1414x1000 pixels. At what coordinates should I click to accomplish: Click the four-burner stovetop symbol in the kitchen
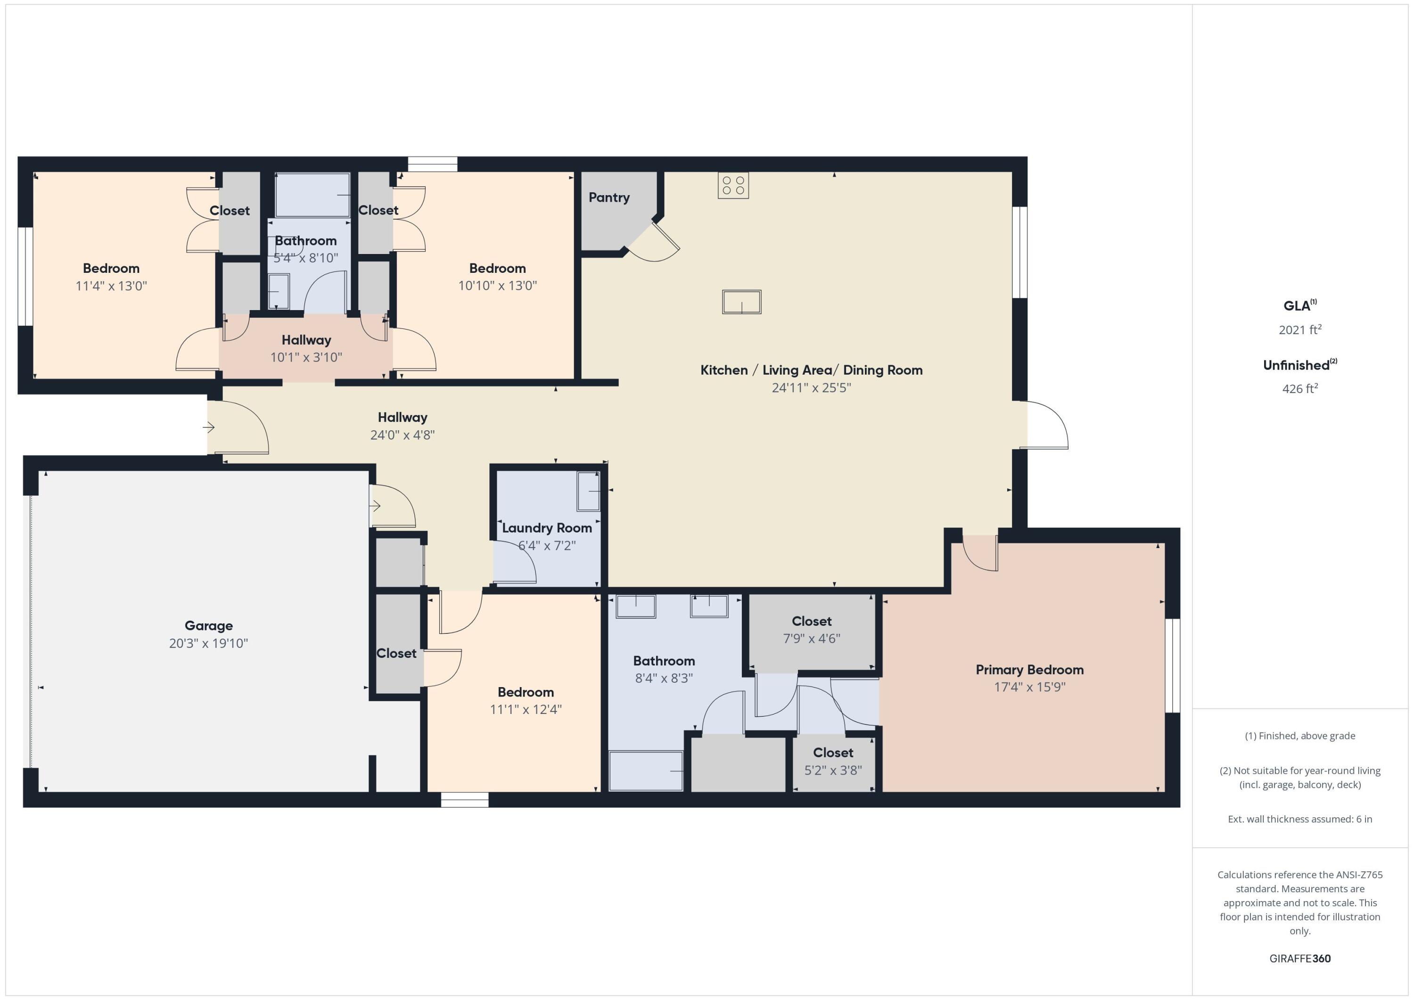click(x=733, y=185)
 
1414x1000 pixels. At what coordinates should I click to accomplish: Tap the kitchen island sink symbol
click(x=741, y=302)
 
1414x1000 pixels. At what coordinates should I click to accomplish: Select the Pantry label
click(x=609, y=197)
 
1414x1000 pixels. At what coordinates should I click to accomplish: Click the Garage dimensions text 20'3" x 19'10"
click(x=209, y=643)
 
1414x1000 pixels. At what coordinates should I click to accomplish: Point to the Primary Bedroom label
click(x=1030, y=670)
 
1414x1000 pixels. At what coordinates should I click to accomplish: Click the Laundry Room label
click(x=547, y=528)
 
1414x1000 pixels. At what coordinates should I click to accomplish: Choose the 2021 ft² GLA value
click(x=1300, y=329)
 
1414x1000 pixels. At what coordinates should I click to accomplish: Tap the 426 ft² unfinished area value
click(x=1300, y=388)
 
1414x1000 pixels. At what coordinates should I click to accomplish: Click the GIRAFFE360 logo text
click(x=1300, y=958)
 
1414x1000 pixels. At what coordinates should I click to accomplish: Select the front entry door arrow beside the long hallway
click(x=209, y=427)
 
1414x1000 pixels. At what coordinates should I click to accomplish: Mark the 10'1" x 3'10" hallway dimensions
click(x=306, y=357)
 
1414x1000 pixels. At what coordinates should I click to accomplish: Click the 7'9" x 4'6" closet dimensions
click(x=812, y=639)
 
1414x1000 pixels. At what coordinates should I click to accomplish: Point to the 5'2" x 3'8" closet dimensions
click(x=833, y=770)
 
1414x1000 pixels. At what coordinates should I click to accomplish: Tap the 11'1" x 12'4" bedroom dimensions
click(x=526, y=709)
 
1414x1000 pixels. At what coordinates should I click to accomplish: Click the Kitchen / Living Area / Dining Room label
click(x=812, y=370)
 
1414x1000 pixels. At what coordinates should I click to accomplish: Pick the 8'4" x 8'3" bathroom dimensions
click(x=664, y=678)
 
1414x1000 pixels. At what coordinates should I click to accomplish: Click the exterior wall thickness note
click(x=1300, y=819)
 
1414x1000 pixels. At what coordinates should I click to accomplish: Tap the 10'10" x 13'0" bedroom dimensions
click(x=498, y=286)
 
